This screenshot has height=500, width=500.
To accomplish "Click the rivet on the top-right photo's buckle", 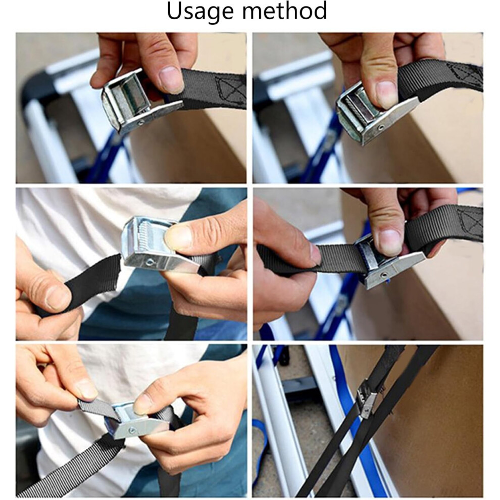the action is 381,128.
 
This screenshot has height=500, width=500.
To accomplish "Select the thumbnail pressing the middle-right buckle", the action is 389,238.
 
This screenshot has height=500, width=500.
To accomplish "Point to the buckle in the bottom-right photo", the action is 367,401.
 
